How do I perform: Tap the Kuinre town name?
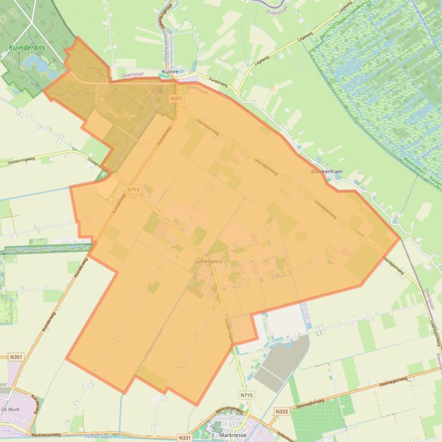171,72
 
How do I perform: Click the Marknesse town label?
233,435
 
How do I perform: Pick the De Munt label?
11,409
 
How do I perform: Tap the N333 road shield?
282,411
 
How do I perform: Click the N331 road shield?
185,437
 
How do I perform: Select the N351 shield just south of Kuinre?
176,99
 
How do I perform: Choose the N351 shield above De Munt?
16,357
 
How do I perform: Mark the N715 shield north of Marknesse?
246,395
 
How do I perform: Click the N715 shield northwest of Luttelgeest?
133,189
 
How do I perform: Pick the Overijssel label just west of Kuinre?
132,75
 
